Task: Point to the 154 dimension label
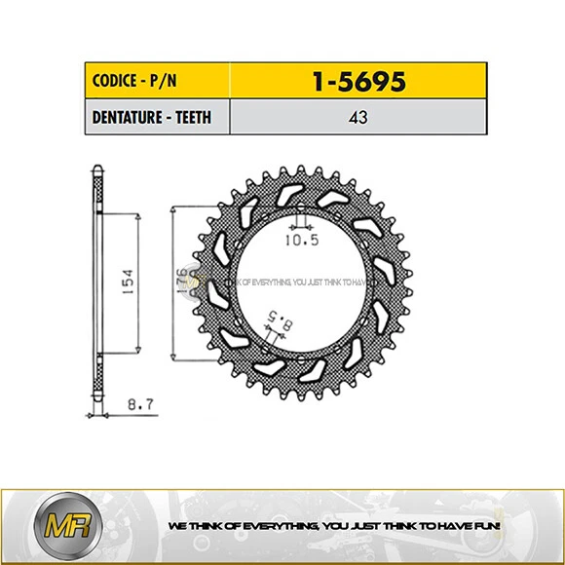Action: tap(127, 282)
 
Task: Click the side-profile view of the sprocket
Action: tap(97, 282)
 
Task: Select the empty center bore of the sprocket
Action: tap(302, 282)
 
